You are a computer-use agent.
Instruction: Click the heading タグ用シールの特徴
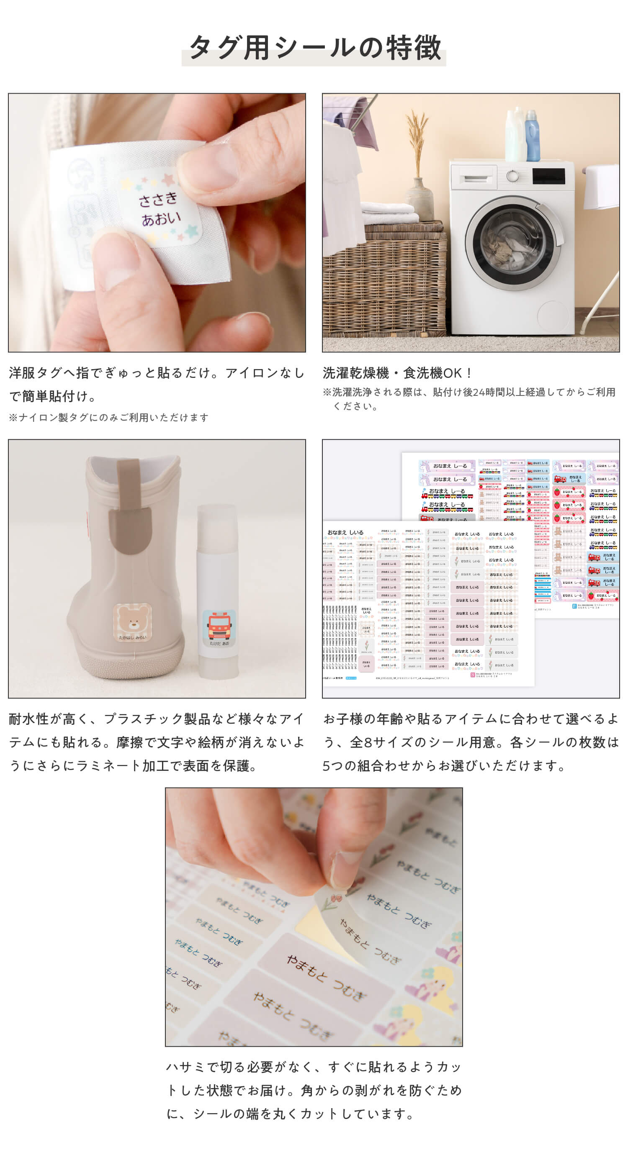tap(314, 48)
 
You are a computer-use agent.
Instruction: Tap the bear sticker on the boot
tap(133, 621)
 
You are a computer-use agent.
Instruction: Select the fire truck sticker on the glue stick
tap(219, 627)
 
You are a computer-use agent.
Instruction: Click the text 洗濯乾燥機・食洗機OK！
tap(397, 372)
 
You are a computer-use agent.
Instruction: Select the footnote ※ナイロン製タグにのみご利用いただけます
tap(109, 418)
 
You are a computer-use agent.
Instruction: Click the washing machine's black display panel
tap(548, 176)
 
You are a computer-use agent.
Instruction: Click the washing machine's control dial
tap(512, 176)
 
